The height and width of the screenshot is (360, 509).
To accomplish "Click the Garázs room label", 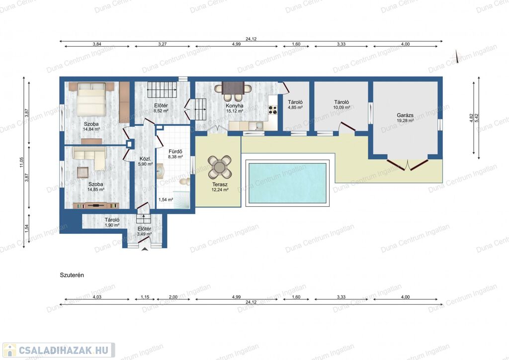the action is [405, 115].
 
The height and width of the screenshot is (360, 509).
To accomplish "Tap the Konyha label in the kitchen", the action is [235, 106].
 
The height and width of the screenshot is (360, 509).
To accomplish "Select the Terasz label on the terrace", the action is [220, 184].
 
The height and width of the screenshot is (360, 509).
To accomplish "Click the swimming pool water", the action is [287, 183].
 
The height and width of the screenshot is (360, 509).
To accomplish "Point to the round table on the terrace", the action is [220, 167].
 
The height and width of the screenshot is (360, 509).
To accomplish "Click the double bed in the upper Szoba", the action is [91, 99].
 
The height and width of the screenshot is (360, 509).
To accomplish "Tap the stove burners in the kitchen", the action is [273, 110].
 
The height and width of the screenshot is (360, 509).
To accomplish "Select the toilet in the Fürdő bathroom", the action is [185, 181].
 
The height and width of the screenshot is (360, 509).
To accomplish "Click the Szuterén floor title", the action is [72, 275].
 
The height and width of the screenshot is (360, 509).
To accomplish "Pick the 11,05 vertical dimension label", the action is [22, 162].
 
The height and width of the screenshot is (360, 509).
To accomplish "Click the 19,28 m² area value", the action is [405, 120].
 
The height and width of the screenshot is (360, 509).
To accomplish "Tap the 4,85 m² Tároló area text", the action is [295, 107].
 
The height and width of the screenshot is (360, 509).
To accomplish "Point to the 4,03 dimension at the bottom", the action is [97, 297].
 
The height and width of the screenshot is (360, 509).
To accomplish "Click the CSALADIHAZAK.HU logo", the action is [59, 350].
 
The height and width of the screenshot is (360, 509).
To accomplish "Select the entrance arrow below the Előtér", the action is [145, 249].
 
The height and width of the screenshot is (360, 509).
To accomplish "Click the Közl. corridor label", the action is [145, 159].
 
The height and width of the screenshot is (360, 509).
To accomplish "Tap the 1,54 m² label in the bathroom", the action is [166, 199].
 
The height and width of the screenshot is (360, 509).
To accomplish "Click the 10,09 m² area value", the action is [341, 107].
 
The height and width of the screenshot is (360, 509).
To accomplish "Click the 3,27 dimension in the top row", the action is [163, 44].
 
